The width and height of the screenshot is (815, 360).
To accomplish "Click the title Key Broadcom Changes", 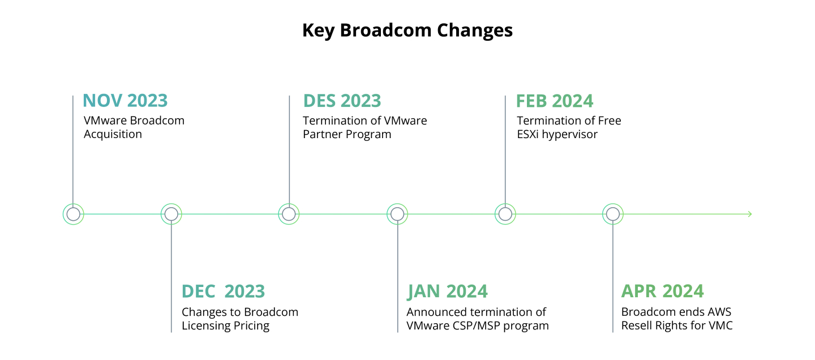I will [x=407, y=30].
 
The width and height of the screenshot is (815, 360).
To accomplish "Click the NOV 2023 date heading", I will [x=125, y=100].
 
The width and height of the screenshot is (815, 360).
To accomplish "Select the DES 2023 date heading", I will [x=342, y=100].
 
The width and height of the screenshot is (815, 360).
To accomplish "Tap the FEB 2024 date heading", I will [x=554, y=100].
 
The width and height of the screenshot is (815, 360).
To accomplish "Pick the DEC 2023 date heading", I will [x=223, y=291].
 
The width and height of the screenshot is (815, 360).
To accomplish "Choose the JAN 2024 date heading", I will [x=447, y=291].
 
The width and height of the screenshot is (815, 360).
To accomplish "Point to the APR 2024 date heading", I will [x=662, y=291].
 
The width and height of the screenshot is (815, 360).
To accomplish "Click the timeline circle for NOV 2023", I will [x=73, y=214].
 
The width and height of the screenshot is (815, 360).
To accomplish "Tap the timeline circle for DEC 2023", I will [x=171, y=214].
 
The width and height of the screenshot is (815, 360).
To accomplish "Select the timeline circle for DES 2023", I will [x=289, y=214].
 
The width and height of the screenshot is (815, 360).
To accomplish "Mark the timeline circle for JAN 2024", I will [x=397, y=214].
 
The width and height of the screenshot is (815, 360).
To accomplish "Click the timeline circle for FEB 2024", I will [x=505, y=214].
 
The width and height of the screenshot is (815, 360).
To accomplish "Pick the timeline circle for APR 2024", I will [x=612, y=214].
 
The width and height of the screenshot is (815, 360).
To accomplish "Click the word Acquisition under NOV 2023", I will [x=113, y=134].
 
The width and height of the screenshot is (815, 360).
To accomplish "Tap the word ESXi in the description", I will [x=529, y=134].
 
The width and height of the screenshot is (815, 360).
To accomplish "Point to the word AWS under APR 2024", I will [x=718, y=312].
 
